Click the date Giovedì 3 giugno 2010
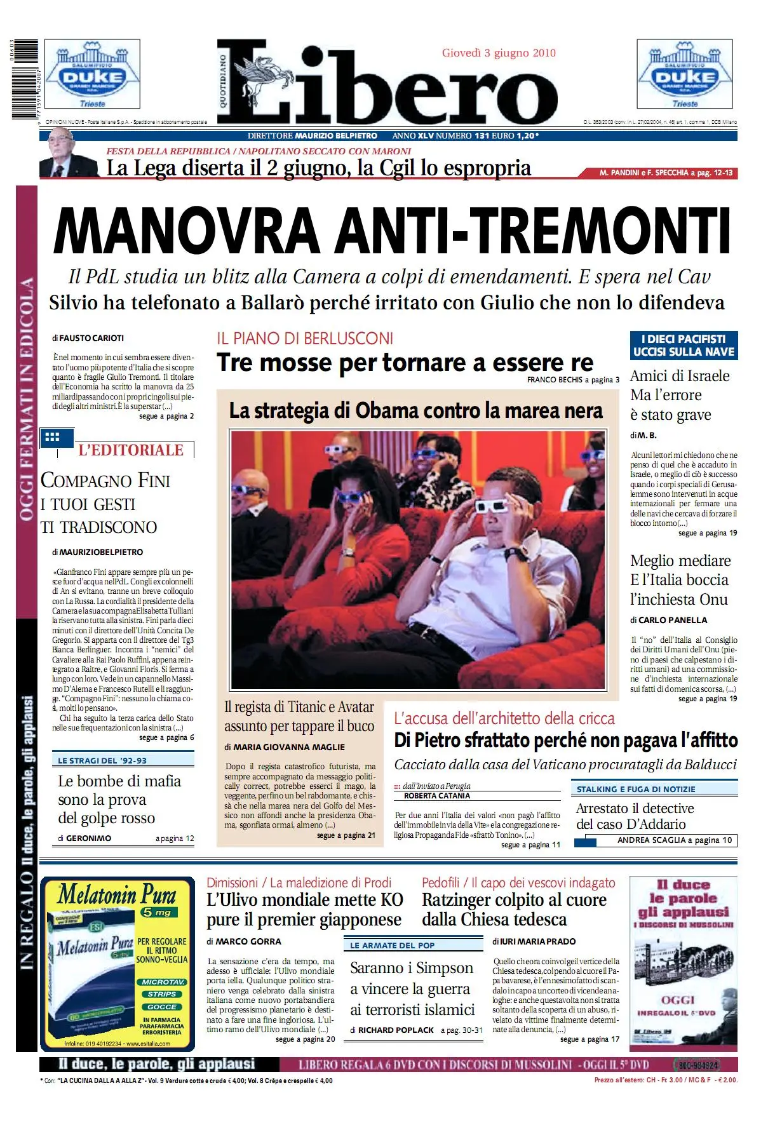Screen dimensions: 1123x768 pyautogui.click(x=499, y=53)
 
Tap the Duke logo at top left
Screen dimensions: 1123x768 pyautogui.click(x=92, y=74)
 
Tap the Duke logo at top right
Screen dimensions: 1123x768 pyautogui.click(x=685, y=74)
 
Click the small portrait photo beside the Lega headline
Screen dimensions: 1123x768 pyautogui.click(x=69, y=158)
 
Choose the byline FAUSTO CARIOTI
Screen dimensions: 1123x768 pyautogui.click(x=91, y=339)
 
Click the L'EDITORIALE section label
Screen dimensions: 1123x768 pyautogui.click(x=130, y=450)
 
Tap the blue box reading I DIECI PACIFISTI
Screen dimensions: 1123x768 pyautogui.click(x=684, y=346)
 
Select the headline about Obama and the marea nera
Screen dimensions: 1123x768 pyautogui.click(x=416, y=411)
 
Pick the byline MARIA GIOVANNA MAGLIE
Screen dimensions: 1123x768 pyautogui.click(x=289, y=747)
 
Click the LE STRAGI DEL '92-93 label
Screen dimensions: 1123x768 pyautogui.click(x=102, y=760)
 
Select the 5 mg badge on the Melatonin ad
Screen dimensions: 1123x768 pyautogui.click(x=157, y=913)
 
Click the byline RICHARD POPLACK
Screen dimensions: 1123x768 pyautogui.click(x=396, y=1030)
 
